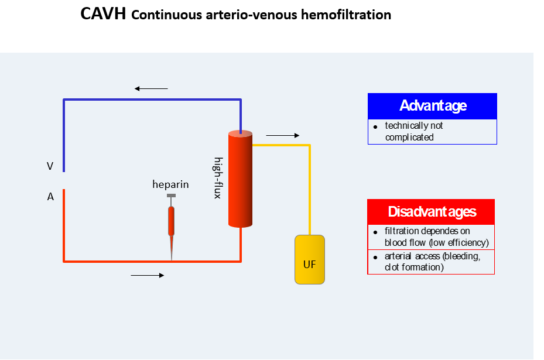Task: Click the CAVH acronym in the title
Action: coord(103,15)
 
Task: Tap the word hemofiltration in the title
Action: coord(345,15)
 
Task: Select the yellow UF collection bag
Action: coord(309,259)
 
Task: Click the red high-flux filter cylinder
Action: coord(240,179)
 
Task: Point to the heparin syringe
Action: coord(171,225)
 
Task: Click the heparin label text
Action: coord(170,184)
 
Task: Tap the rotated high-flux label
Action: coord(217,178)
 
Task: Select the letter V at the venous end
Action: coord(50,167)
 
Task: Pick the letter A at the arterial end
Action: coord(50,197)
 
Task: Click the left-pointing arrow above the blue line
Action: coord(151,88)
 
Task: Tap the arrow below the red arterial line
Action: coord(148,275)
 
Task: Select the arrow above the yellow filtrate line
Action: coord(282,135)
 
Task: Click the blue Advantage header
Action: coord(432,106)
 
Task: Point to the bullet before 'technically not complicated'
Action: coord(375,126)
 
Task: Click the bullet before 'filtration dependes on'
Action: coord(375,232)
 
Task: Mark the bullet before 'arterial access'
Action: coord(375,257)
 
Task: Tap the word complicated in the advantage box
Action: coord(409,138)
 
